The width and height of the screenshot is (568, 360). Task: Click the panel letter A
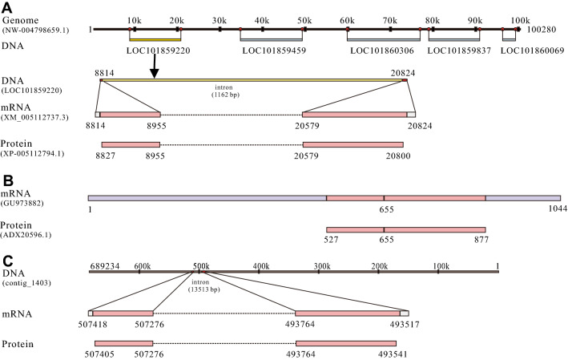tap(7, 7)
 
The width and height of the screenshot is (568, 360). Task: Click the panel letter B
tap(6, 180)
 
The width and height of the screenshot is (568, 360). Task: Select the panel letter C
tap(7, 261)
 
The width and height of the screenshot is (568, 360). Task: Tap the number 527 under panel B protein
tap(327, 239)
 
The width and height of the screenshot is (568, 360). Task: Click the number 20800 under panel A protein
tap(396, 156)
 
